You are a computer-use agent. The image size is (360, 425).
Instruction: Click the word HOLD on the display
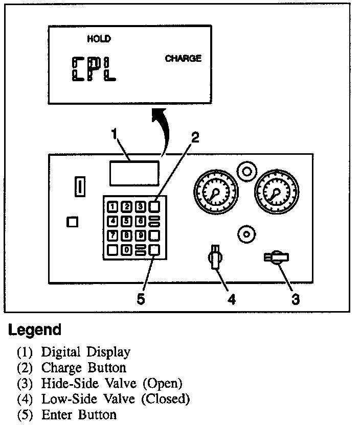(x=99, y=39)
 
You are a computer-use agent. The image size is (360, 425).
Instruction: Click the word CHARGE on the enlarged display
(x=183, y=59)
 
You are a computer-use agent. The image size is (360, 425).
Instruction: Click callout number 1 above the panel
(x=115, y=134)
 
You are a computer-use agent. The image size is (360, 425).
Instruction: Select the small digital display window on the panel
(x=133, y=173)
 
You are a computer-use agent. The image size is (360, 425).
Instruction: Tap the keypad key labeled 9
(x=140, y=235)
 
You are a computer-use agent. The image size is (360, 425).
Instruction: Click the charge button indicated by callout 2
(x=154, y=206)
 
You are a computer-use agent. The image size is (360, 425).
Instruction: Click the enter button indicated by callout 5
(x=154, y=249)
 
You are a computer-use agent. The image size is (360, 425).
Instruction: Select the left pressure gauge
(x=215, y=193)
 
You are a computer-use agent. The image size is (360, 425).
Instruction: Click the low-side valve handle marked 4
(x=216, y=255)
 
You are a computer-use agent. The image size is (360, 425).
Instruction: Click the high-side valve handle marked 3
(x=277, y=257)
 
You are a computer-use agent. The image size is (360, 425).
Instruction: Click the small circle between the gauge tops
(x=247, y=172)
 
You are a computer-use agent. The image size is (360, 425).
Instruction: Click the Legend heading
(x=35, y=329)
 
